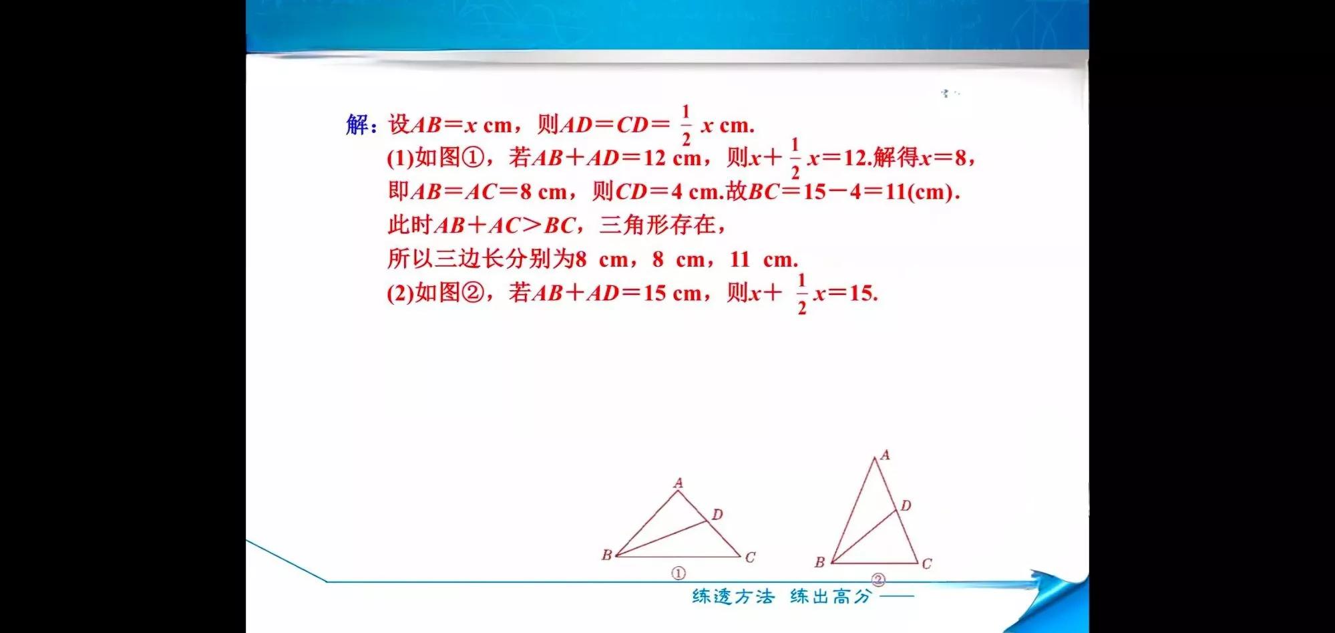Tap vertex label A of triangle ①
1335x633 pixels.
(x=679, y=483)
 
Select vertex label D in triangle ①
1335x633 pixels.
(x=717, y=514)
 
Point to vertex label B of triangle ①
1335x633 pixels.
(x=606, y=555)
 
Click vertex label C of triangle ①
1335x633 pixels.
(x=750, y=557)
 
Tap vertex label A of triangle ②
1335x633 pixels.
(x=885, y=455)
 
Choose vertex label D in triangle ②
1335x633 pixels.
(x=906, y=505)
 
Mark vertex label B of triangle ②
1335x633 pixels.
(x=819, y=562)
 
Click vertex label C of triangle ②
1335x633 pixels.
(x=927, y=563)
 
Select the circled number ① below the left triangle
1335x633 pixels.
(x=678, y=574)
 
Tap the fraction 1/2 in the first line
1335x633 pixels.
(x=685, y=125)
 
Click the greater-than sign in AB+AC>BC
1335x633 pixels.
(x=532, y=225)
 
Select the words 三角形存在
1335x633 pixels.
(x=657, y=225)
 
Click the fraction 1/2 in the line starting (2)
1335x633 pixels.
(x=801, y=293)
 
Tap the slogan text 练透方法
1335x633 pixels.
(x=733, y=596)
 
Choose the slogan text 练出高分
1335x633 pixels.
(x=831, y=596)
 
